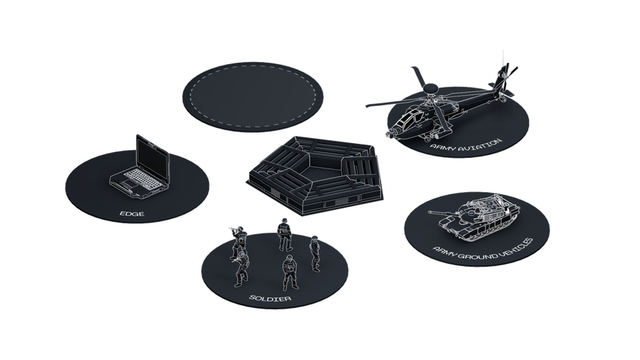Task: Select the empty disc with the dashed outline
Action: pos(252,97)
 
